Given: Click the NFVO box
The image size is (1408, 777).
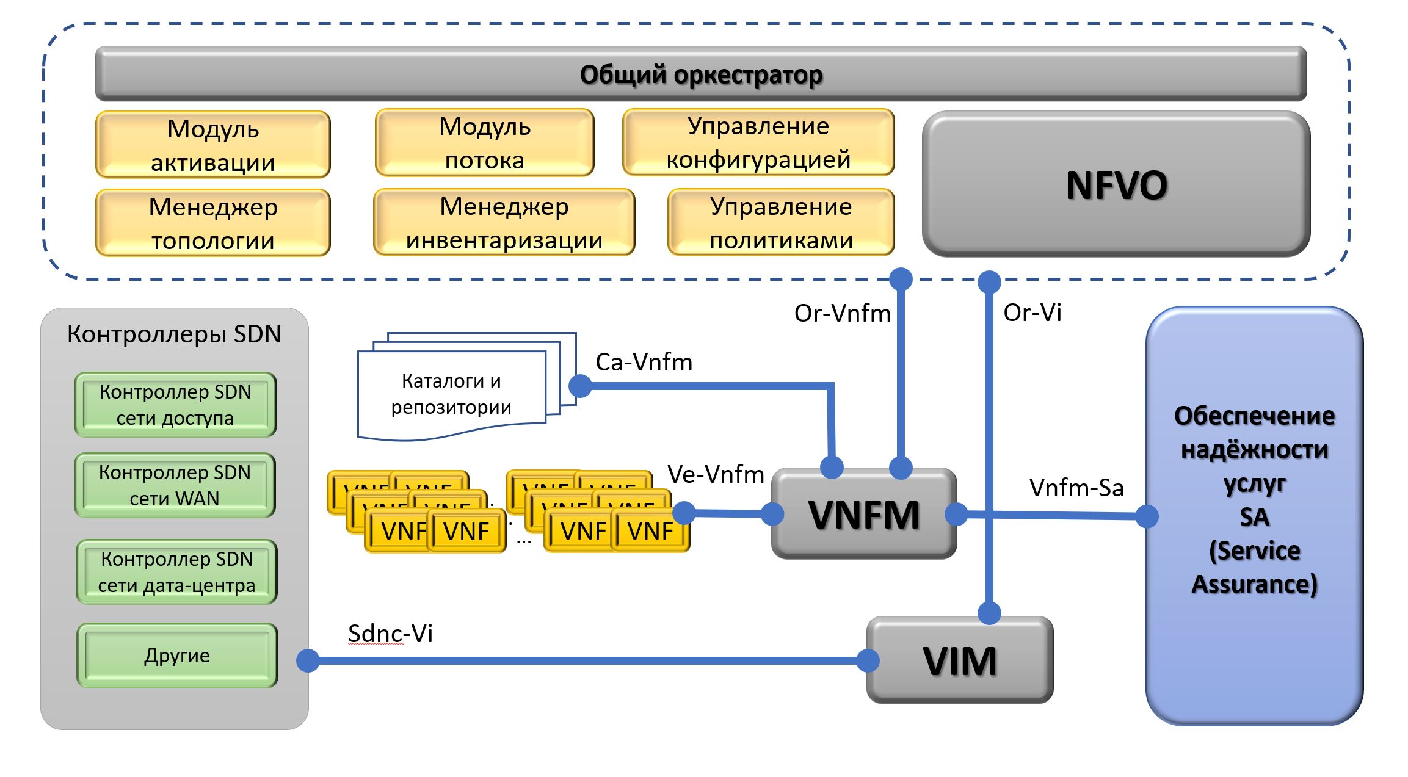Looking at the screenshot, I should click(1116, 184).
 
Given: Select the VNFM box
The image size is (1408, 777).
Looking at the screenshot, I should click(863, 514).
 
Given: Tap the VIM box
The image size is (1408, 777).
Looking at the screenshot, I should click(959, 660).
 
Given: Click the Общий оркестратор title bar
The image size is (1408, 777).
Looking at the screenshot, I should click(700, 74).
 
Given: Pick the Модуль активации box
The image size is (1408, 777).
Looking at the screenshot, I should click(213, 145).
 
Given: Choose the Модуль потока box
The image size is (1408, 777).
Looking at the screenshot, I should click(484, 143).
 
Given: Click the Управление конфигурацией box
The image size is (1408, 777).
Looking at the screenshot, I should click(758, 143).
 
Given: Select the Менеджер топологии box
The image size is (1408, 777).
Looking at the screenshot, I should click(213, 223).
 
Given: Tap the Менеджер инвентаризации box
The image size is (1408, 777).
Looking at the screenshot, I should click(504, 223).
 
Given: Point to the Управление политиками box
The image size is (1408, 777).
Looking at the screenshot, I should click(781, 223).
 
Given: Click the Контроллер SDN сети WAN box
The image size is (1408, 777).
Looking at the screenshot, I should click(175, 485).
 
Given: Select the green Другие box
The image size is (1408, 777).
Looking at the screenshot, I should click(177, 656).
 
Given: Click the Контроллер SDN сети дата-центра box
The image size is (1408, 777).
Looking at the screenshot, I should click(176, 572).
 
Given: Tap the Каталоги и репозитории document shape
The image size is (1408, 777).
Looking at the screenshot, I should click(451, 394).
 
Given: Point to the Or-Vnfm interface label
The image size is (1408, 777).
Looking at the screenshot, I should click(842, 313).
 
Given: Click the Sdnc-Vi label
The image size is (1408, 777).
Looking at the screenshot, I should click(390, 634).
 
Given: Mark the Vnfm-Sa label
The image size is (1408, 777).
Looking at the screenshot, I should click(1076, 488).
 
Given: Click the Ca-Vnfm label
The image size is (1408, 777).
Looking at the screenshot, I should click(644, 362).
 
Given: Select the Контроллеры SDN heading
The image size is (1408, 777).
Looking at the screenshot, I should click(174, 334).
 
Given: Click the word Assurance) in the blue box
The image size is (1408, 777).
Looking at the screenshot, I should click(1254, 584).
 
